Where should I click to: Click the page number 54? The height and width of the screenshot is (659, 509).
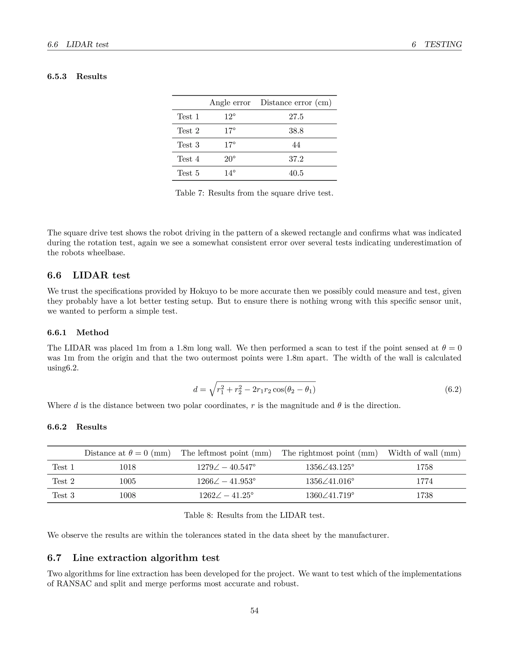(254, 611)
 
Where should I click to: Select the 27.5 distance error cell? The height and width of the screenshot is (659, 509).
(296, 117)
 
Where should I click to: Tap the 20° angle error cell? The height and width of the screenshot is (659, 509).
(230, 159)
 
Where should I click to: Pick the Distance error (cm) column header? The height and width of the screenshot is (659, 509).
(296, 103)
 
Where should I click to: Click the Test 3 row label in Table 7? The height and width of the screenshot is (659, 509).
(188, 145)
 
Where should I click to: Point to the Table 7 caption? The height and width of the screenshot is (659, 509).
(254, 193)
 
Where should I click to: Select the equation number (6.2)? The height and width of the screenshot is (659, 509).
(453, 389)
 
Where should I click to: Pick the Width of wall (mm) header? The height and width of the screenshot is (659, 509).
(424, 453)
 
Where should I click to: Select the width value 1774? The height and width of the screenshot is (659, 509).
(424, 481)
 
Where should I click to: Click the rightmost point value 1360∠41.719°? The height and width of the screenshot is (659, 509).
(330, 495)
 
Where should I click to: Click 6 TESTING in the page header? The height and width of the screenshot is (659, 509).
(437, 45)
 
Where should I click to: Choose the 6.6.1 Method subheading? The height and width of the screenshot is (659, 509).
(78, 332)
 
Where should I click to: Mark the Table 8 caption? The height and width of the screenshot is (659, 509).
(254, 515)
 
